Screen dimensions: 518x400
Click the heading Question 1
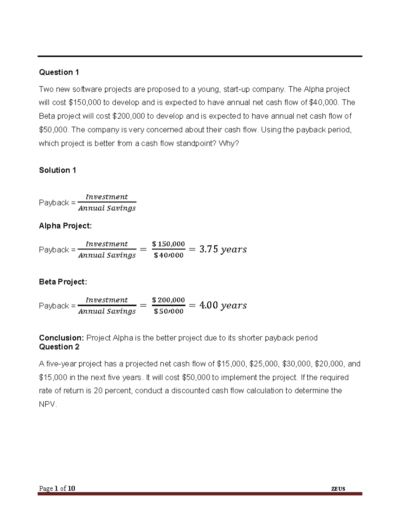click(x=59, y=72)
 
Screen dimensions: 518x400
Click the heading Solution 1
click(x=57, y=170)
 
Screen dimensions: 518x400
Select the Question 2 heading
click(x=59, y=347)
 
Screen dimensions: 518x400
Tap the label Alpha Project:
click(x=65, y=226)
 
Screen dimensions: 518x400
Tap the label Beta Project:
click(x=63, y=282)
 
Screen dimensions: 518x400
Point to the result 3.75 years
click(x=223, y=249)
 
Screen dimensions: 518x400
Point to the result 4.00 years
click(x=223, y=305)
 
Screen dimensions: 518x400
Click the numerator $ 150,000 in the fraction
click(x=168, y=244)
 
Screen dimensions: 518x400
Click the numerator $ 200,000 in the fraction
click(x=168, y=300)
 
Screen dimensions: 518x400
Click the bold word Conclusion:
click(x=61, y=338)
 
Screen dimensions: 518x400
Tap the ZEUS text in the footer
click(x=338, y=489)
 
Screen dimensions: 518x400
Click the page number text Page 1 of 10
click(x=57, y=489)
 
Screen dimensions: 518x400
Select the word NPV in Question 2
click(x=47, y=405)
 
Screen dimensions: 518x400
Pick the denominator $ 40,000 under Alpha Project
click(x=168, y=255)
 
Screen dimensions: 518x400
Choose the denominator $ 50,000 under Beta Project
click(x=168, y=312)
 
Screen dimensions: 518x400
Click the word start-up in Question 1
click(x=236, y=89)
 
